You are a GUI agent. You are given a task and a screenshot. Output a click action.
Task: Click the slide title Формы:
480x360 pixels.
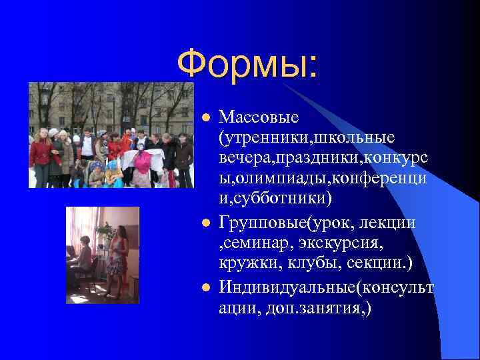(x=248, y=65)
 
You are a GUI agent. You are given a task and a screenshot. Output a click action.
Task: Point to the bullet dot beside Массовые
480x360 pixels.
(x=206, y=118)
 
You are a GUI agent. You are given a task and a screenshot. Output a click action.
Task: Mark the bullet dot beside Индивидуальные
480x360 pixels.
(x=206, y=287)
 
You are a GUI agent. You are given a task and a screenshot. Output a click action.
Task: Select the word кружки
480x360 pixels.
(x=242, y=265)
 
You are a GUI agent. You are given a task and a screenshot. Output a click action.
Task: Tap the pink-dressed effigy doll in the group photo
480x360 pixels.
(x=141, y=167)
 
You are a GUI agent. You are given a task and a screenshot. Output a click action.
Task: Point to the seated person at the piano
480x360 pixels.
(x=84, y=257)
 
